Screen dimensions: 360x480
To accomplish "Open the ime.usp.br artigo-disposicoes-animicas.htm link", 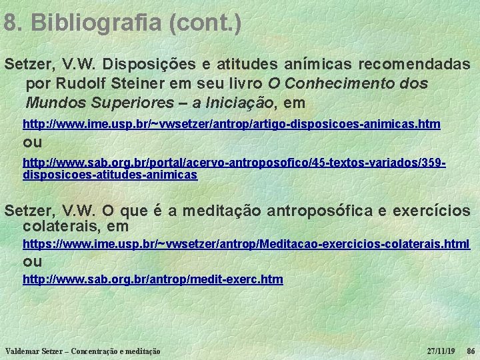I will pyautogui.click(x=231, y=125).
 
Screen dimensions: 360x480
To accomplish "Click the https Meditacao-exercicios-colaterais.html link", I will pyautogui.click(x=246, y=245).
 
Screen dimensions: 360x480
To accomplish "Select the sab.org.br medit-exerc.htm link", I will pyautogui.click(x=153, y=279).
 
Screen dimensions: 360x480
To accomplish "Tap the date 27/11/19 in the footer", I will pyautogui.click(x=441, y=351).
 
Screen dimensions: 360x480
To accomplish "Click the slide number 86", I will pyautogui.click(x=470, y=351).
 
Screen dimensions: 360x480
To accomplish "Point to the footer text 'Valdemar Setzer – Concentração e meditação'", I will pyautogui.click(x=82, y=351).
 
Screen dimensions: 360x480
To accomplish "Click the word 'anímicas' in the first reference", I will pyautogui.click(x=323, y=65).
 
